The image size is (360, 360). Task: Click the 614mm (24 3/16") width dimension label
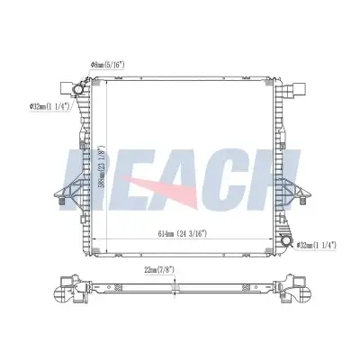(x=183, y=234)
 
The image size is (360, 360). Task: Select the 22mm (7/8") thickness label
(x=159, y=270)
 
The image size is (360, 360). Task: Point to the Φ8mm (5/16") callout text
(x=107, y=65)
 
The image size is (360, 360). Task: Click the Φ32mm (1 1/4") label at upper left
(x=49, y=106)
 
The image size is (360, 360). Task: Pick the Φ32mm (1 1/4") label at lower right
(x=316, y=245)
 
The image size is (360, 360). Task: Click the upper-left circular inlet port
(x=79, y=90)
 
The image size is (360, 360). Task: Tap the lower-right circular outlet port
(x=287, y=241)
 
